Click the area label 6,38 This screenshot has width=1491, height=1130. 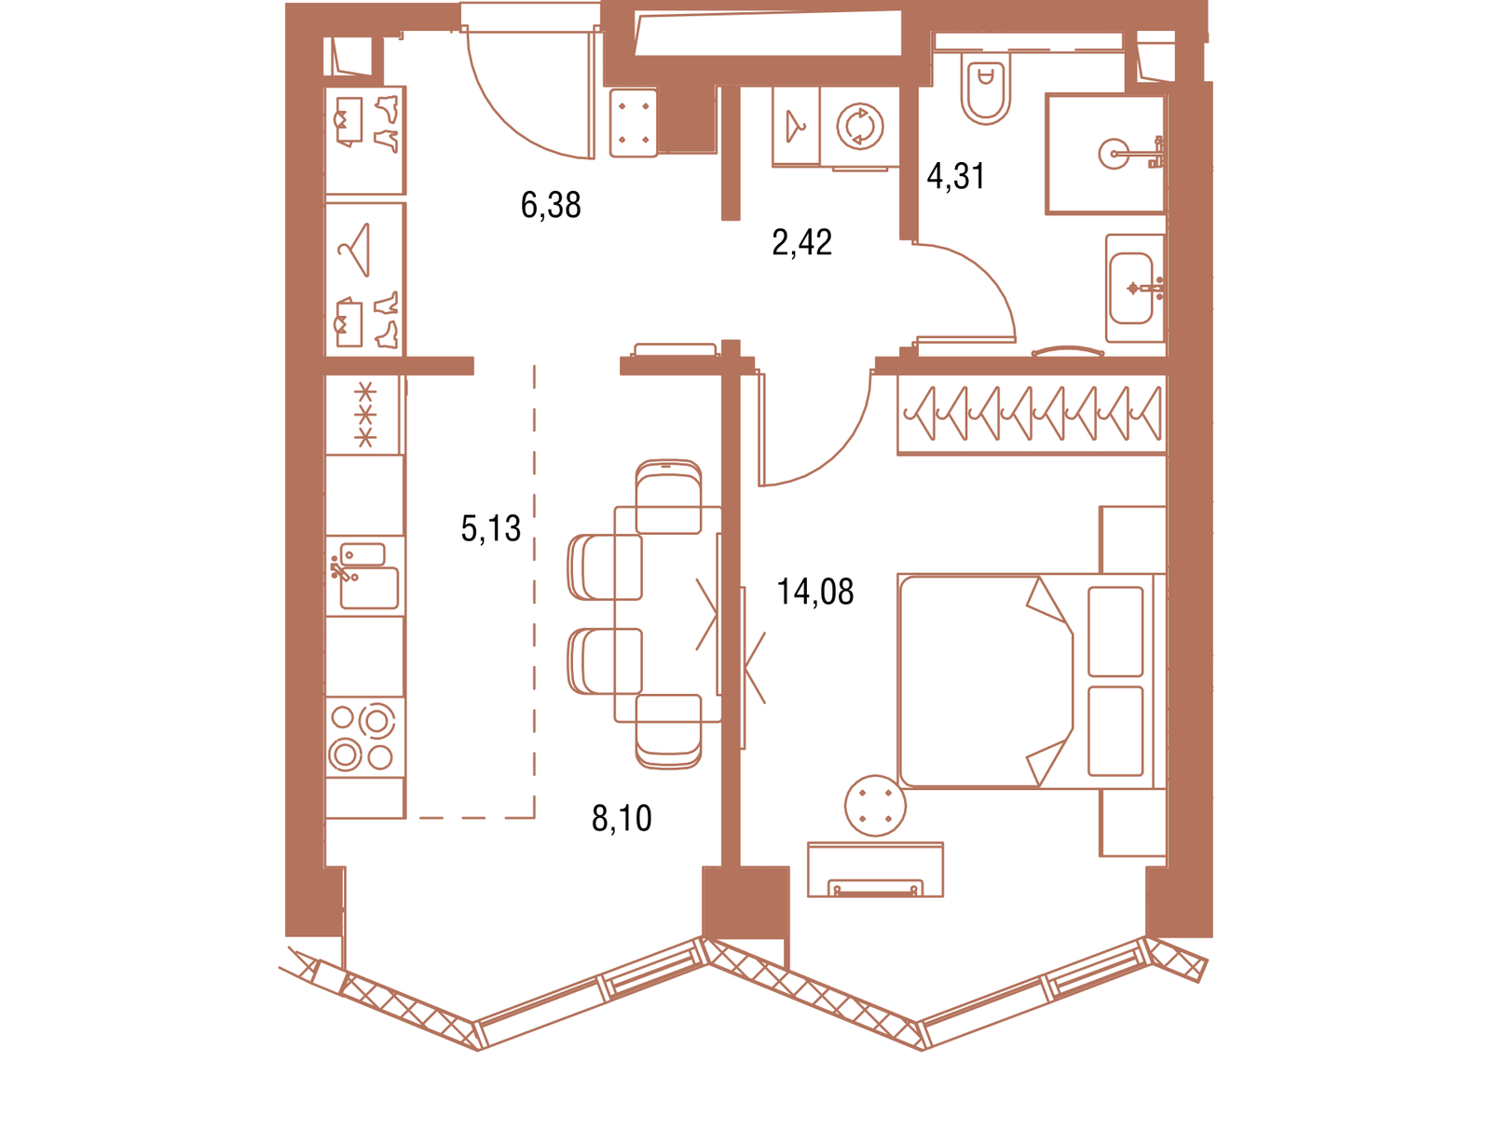coord(550,204)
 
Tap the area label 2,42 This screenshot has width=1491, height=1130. coord(801,242)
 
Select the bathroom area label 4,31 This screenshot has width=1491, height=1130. coord(956,176)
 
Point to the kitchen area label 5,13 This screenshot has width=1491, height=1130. coord(490,528)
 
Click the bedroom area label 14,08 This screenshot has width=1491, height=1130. coord(815,592)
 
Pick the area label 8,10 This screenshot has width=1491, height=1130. coord(622,818)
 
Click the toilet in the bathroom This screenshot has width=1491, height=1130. coord(986,88)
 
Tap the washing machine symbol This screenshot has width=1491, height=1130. coord(860,127)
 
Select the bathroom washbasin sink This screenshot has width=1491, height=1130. coord(1131,289)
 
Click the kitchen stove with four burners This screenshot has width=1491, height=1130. coord(364,738)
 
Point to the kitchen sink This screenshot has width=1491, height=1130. coord(364,576)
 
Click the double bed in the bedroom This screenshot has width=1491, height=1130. coord(1032,681)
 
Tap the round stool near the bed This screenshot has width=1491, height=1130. coord(875,806)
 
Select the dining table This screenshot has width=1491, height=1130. coord(667,614)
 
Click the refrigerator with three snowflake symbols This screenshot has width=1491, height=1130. coord(364,415)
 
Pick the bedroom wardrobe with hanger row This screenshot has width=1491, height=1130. coord(1032,415)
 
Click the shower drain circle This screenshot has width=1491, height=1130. coord(1114,154)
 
